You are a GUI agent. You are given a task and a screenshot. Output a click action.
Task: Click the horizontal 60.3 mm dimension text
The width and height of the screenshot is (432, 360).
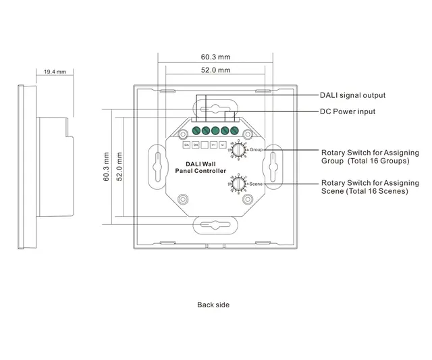[x=215, y=59]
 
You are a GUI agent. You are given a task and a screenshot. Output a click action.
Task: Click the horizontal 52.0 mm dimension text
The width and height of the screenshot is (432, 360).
[x=215, y=70]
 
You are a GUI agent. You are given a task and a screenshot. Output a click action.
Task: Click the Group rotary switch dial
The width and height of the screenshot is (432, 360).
[x=238, y=150]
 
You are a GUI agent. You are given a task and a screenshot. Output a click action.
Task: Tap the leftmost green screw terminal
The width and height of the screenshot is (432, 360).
[x=196, y=131]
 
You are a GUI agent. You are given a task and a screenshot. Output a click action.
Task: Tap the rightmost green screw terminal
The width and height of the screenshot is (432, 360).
[x=234, y=131]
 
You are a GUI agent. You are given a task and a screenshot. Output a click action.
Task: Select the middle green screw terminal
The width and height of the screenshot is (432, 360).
[x=215, y=131]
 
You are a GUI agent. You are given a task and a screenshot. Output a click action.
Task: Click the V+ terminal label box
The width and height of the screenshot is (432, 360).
[x=213, y=145]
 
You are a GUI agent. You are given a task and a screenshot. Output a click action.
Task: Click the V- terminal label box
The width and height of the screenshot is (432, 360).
[x=223, y=145]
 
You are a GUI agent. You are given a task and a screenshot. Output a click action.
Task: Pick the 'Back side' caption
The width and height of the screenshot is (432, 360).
[x=213, y=305]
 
